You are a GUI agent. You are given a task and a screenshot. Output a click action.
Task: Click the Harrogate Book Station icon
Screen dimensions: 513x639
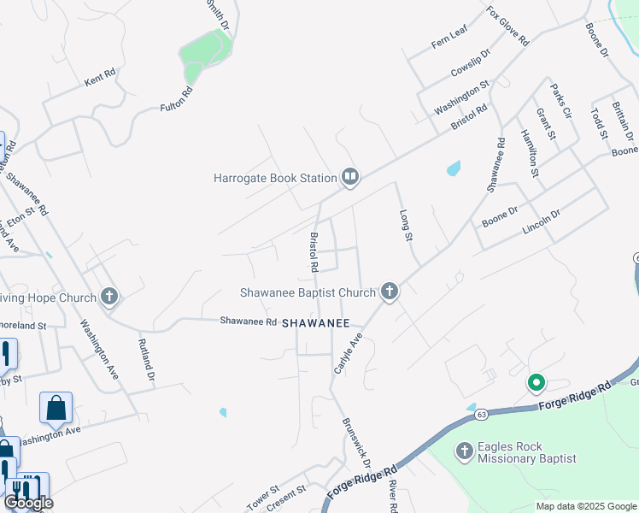349,178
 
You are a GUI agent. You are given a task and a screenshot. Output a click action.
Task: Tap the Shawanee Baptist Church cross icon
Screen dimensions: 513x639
390,292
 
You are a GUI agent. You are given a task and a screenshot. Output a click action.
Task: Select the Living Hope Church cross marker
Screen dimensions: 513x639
108,298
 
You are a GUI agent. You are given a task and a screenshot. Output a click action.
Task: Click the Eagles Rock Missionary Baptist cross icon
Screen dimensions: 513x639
464,451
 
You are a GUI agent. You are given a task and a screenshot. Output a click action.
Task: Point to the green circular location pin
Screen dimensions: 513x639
536,383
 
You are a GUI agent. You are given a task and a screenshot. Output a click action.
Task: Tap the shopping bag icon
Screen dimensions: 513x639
56,408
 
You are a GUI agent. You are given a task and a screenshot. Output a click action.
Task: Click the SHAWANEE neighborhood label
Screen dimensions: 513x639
315,323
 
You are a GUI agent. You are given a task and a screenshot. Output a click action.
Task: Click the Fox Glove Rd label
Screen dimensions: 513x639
508,27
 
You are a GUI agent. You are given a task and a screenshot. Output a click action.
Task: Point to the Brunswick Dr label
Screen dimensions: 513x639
356,441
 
